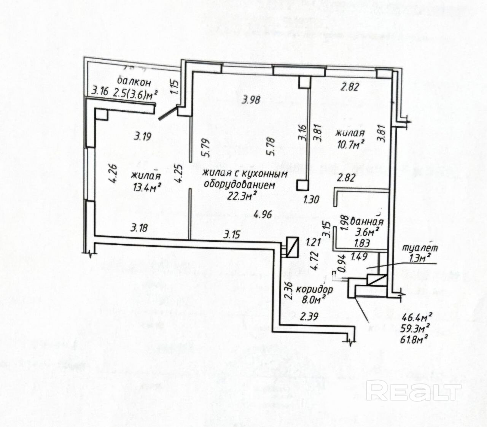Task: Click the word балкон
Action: (134, 82)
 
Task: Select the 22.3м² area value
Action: (241, 195)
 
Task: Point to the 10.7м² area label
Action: (350, 144)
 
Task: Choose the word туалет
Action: (420, 248)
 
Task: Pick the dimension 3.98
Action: (251, 100)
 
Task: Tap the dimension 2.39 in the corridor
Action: (309, 316)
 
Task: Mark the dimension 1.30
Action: (311, 199)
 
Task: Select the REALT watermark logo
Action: (414, 391)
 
